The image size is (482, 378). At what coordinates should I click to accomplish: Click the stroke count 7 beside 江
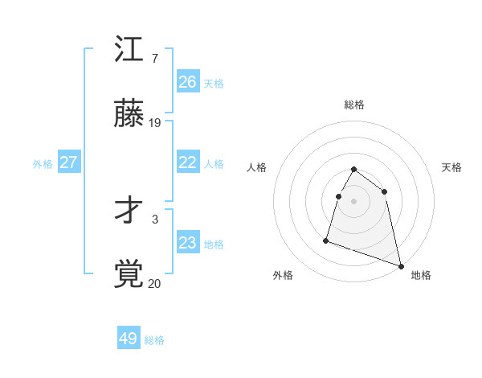155,59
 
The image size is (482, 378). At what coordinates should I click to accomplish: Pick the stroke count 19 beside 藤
155,123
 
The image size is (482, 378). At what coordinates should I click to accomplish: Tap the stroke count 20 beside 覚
155,283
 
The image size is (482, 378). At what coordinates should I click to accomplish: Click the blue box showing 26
188,82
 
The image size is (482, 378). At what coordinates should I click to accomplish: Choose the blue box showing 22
188,162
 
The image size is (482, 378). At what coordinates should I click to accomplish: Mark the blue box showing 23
188,243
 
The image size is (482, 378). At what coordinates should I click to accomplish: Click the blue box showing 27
68,162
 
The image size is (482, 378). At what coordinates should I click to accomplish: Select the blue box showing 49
129,339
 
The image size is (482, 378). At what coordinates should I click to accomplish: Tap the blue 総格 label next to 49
154,340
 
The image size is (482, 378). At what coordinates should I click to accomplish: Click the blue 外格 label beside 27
43,164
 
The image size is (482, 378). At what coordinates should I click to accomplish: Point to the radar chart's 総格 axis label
354,105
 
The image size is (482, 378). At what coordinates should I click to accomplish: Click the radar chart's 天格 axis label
452,167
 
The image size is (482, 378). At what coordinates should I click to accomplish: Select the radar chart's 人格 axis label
257,167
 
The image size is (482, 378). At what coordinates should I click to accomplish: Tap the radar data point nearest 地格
400,265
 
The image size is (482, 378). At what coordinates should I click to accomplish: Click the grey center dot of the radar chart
354,201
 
